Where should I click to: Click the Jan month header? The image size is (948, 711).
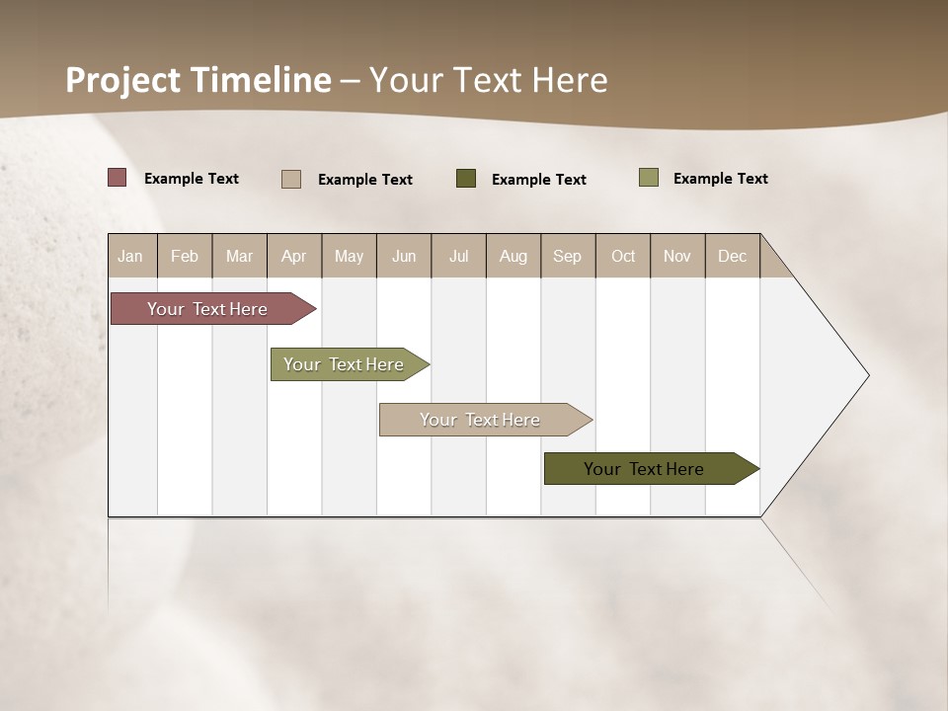[130, 256]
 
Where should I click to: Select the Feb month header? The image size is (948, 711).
[185, 256]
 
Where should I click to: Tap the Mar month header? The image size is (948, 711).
[239, 256]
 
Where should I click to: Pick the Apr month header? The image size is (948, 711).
[294, 256]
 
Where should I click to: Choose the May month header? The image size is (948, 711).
[349, 256]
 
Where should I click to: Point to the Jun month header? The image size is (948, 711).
[404, 256]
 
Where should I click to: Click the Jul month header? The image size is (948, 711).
[458, 256]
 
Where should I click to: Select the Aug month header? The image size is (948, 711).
[513, 256]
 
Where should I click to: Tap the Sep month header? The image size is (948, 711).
[568, 256]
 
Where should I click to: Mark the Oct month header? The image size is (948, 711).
[623, 256]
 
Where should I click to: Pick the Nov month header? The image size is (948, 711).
[677, 256]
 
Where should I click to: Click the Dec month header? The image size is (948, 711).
[733, 256]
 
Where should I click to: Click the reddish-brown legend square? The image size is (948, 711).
[117, 178]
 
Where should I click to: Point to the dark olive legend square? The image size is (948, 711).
[466, 179]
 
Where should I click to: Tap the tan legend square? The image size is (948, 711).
[291, 179]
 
